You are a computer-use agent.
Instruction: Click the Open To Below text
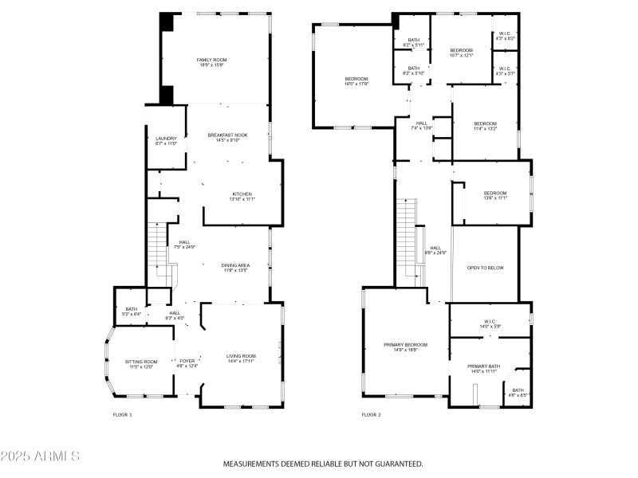tap(485, 268)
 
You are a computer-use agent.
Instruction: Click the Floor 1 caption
tap(123, 414)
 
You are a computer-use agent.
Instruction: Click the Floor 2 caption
tap(371, 414)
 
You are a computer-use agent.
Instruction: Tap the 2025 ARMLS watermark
tap(40, 456)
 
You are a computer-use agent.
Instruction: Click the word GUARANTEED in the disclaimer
tap(395, 464)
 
